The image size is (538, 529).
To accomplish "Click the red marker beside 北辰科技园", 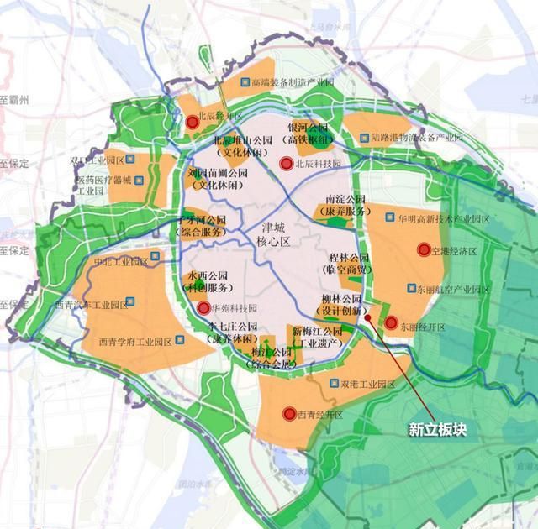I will pyautogui.click(x=286, y=163).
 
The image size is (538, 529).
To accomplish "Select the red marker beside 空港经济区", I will pyautogui.click(x=423, y=249).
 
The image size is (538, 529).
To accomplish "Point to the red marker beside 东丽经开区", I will pyautogui.click(x=391, y=322).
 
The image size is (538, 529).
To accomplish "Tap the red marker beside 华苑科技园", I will pyautogui.click(x=203, y=308).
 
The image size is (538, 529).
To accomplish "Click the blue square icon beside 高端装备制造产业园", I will pyautogui.click(x=243, y=83).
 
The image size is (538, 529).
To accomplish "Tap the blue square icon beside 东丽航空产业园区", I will pyautogui.click(x=410, y=289).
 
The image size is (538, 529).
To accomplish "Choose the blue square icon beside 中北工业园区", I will pyautogui.click(x=154, y=258).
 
